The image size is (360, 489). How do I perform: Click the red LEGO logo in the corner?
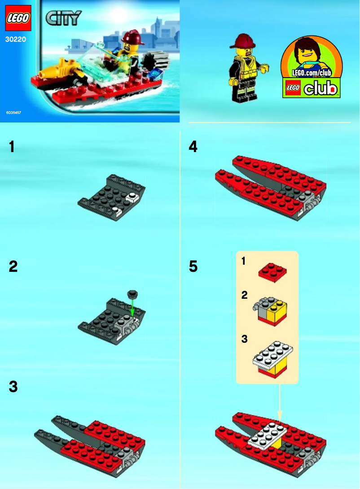tap(18, 18)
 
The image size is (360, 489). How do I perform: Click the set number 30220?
tap(16, 39)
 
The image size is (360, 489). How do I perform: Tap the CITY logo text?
tap(63, 18)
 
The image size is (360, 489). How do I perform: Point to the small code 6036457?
tap(14, 112)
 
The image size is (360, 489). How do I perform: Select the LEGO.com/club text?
tap(311, 73)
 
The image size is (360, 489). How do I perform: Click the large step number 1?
tap(12, 147)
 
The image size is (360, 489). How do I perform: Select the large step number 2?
tap(13, 267)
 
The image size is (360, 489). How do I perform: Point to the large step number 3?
tap(13, 387)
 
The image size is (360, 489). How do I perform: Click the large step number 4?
tap(193, 147)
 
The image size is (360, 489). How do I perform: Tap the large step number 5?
tap(193, 267)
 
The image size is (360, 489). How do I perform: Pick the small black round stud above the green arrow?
tap(133, 294)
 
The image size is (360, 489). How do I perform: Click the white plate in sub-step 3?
tap(273, 354)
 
